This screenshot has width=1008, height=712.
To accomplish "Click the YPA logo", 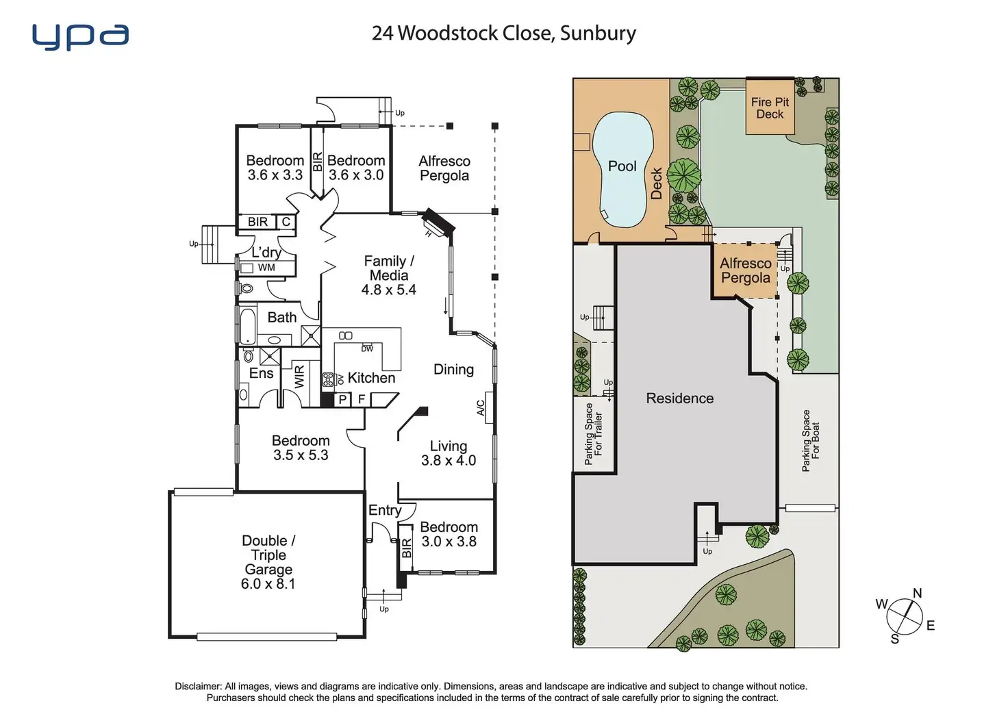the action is click(80, 37).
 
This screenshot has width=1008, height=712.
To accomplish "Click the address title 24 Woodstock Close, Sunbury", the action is click(503, 34).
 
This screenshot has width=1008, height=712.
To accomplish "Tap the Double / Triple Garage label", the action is click(268, 561).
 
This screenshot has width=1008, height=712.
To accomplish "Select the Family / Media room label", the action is click(389, 268).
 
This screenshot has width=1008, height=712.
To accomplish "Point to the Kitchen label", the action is click(371, 378).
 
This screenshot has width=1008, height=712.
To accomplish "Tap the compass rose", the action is click(903, 617).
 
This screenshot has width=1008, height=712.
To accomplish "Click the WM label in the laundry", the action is click(266, 268).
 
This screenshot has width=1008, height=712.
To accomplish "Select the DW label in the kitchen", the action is click(367, 348).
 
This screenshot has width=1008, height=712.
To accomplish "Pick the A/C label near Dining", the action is click(480, 408).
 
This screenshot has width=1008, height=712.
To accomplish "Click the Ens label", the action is click(261, 373).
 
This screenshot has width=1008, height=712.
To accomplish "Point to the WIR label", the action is click(299, 377).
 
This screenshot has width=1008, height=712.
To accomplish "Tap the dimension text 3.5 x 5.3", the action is click(301, 455).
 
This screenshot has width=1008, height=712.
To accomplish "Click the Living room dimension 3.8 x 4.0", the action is click(449, 461).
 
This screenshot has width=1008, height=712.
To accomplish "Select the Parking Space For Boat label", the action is click(811, 440).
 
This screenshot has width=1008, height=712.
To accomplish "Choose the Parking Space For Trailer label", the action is click(594, 434).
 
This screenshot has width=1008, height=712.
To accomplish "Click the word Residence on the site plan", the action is click(679, 398).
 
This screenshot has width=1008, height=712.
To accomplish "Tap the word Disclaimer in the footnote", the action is click(198, 686).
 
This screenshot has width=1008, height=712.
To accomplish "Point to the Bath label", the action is click(282, 318).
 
